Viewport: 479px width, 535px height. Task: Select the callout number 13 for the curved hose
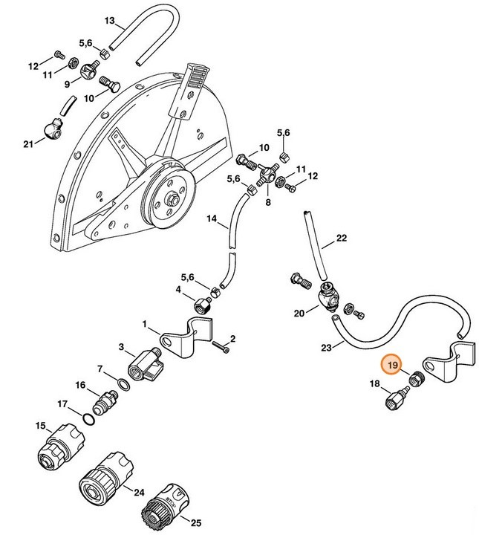(x=110, y=20)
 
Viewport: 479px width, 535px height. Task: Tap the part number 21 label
(x=28, y=143)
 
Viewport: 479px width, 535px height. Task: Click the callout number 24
(x=139, y=491)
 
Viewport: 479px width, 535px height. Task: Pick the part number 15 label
(x=40, y=425)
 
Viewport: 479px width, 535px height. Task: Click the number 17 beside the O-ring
(x=63, y=404)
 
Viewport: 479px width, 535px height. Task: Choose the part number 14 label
(x=211, y=219)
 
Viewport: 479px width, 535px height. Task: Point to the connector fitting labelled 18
(x=394, y=397)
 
